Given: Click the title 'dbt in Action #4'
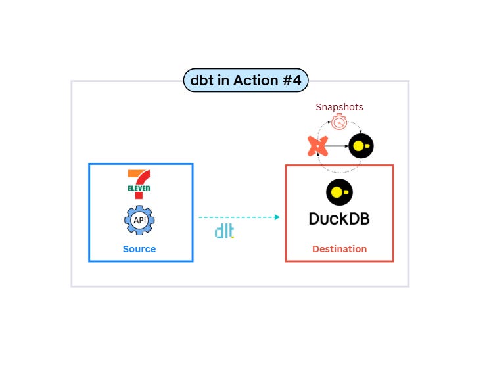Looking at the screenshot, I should pos(246,80).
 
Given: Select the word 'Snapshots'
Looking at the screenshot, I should pos(339,106).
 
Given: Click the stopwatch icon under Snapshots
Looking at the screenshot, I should pos(339,122).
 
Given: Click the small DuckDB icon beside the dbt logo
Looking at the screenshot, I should pos(361,146).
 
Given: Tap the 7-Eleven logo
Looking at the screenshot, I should pos(139,185).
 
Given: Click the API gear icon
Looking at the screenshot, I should pos(139,221).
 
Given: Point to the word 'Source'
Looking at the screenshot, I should pos(139,249).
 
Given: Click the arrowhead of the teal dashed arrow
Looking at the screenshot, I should pos(277,217).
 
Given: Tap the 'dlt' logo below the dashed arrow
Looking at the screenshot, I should pos(224,232).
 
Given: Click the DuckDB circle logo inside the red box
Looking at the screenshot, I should pos(339,192).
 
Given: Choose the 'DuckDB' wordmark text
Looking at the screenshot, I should pos(339,217).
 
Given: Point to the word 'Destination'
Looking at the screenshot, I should pos(339,249).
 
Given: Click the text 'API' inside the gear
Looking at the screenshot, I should pos(139,221).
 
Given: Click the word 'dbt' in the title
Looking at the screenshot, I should pos(202,80).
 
